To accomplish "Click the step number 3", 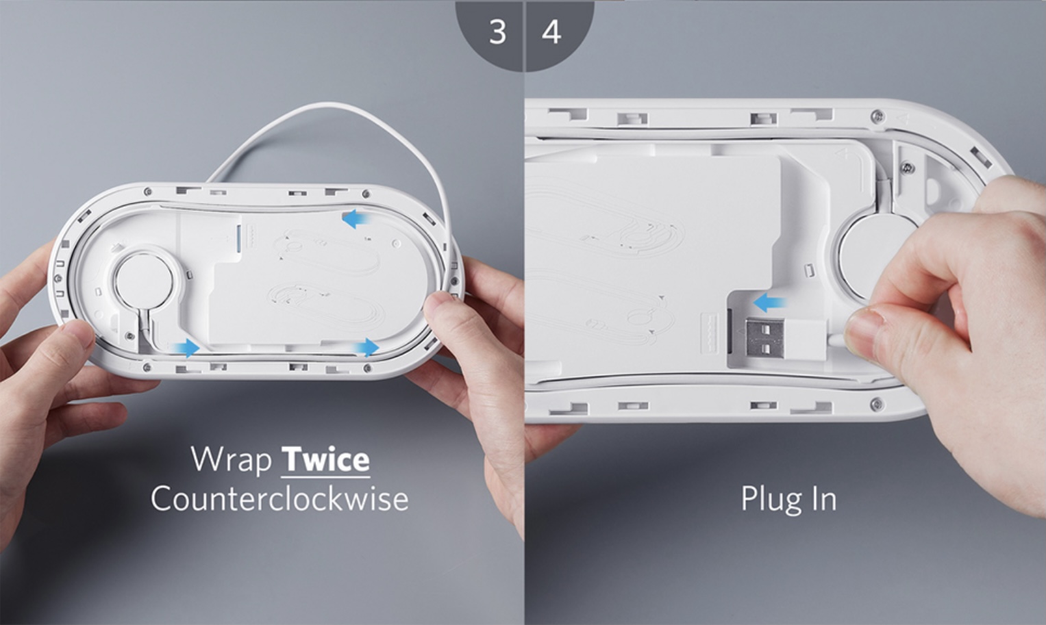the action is (x=498, y=32).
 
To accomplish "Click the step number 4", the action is (x=551, y=32).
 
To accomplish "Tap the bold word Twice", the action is (x=326, y=460).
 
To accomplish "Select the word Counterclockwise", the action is (x=279, y=498).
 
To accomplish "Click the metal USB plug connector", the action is (x=764, y=338).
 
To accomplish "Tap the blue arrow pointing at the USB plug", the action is (x=769, y=304).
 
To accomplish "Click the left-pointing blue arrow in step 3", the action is (x=357, y=218).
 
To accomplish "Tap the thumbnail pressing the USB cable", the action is (x=864, y=335).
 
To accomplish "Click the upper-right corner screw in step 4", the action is (x=878, y=115).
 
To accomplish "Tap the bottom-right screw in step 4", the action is (x=877, y=403).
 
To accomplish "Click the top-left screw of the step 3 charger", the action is (x=147, y=192).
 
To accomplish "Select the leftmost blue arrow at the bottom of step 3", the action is (x=186, y=348).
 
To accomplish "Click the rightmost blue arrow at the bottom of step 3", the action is (x=366, y=348).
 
